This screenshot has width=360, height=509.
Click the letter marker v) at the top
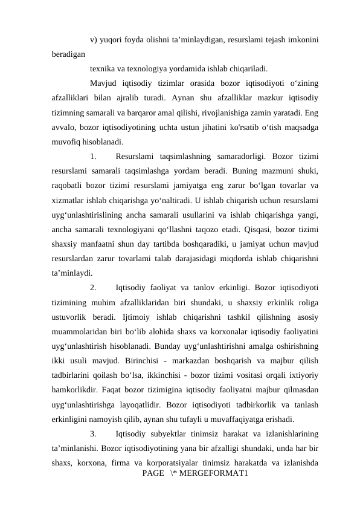94,41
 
